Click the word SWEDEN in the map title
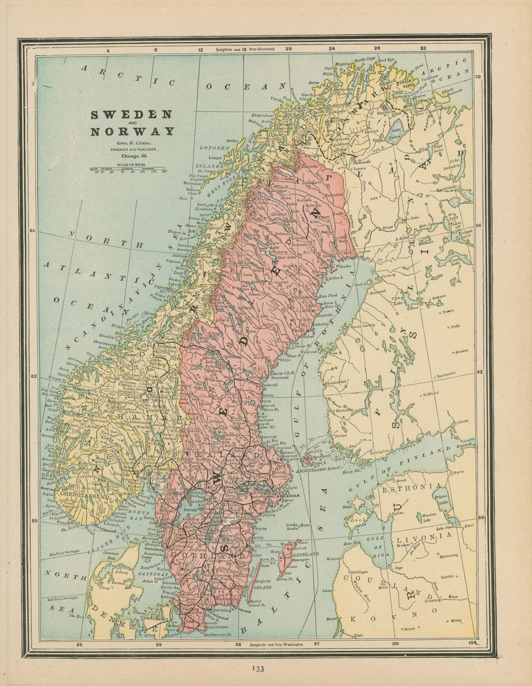131,115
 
